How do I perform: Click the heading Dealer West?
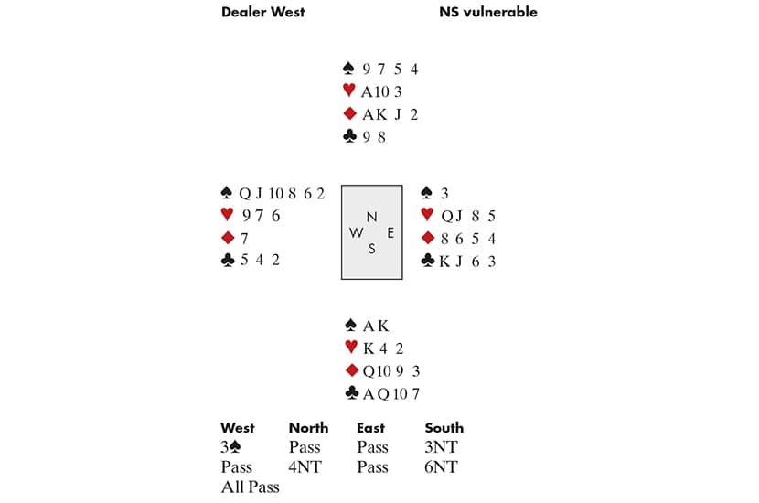click(263, 12)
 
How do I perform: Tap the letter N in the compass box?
click(370, 217)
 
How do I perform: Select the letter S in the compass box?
click(371, 248)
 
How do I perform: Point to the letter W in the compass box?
click(356, 232)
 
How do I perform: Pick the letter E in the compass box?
click(390, 232)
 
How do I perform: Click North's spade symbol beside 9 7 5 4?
click(347, 69)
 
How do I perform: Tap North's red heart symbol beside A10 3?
click(347, 91)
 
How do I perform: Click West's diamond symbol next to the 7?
click(228, 238)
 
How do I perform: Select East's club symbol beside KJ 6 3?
click(427, 261)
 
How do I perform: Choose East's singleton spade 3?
click(444, 193)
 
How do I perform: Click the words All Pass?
click(250, 487)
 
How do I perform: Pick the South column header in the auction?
click(444, 427)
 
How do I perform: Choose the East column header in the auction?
click(371, 427)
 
